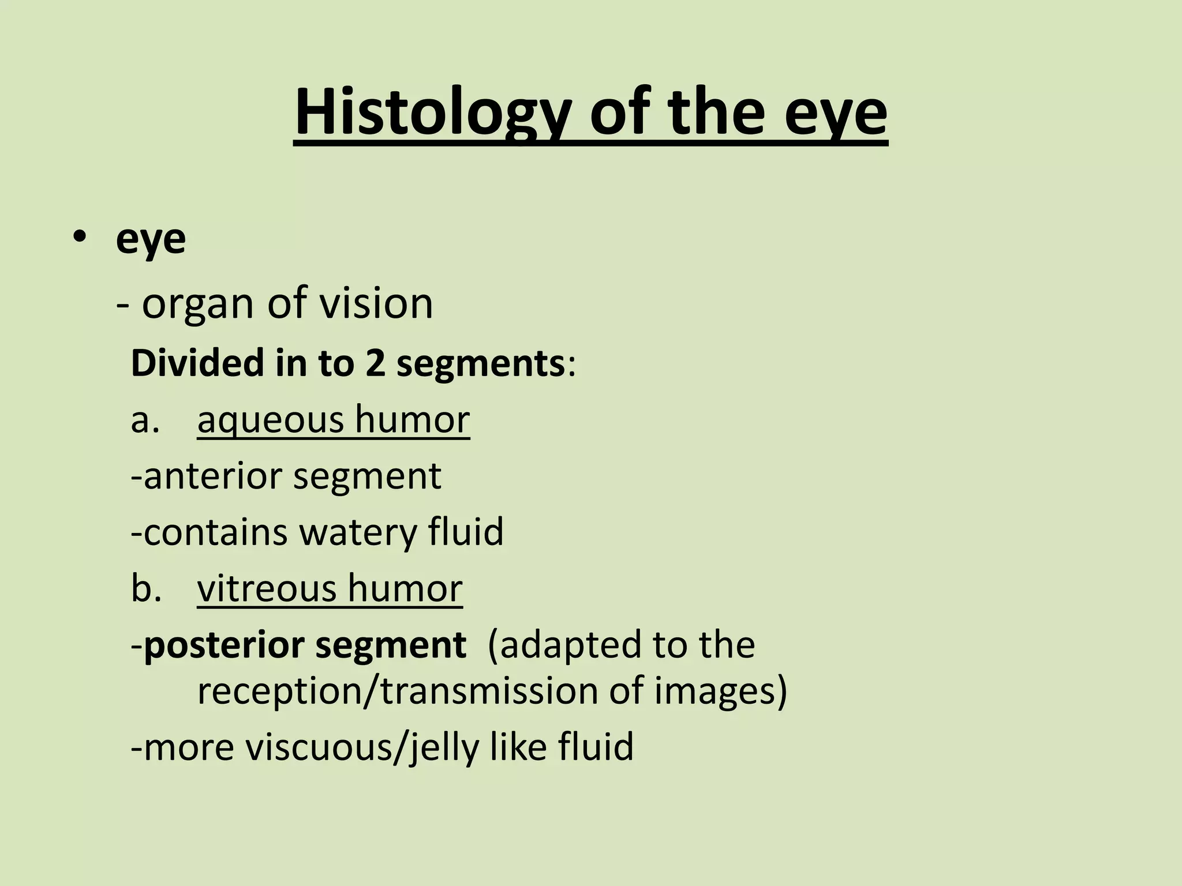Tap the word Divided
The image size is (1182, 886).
tap(197, 363)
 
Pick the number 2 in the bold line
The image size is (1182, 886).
tap(375, 364)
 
